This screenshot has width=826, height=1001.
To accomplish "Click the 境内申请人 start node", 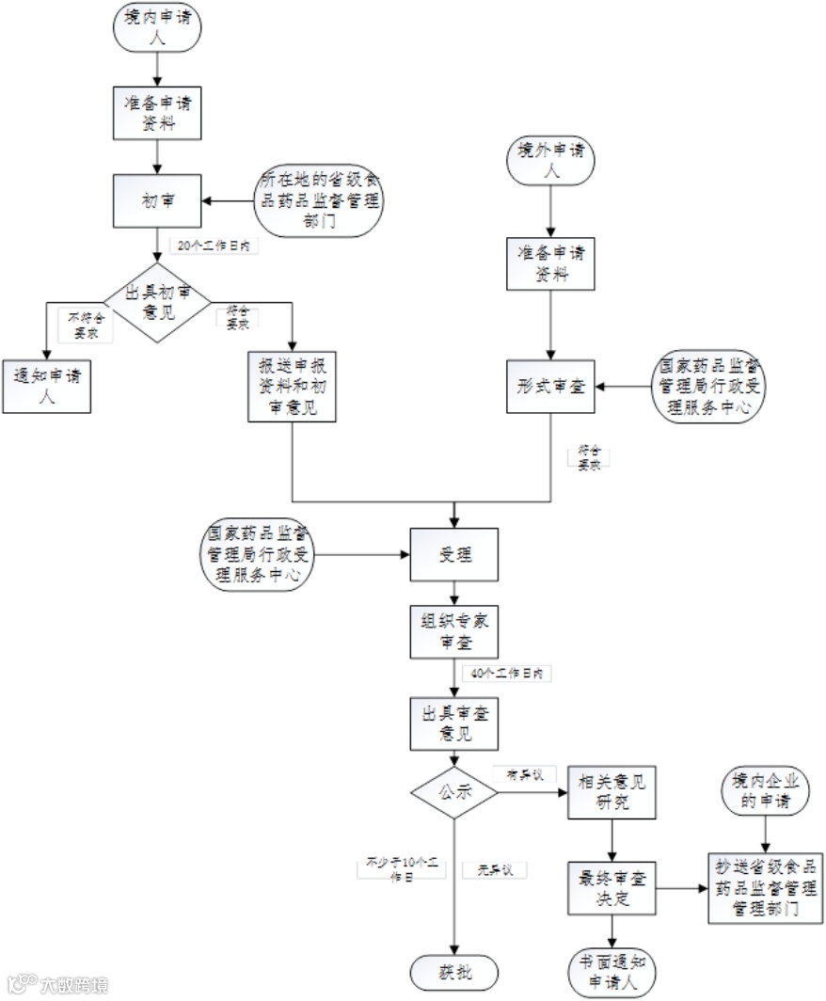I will (x=157, y=27).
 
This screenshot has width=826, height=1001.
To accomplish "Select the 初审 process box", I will (x=157, y=200).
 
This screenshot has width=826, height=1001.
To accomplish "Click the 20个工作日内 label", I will (x=214, y=246).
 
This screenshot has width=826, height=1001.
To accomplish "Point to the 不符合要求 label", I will (x=87, y=325).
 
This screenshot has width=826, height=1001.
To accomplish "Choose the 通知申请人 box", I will (x=46, y=386).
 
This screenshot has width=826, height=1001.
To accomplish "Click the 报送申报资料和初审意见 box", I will (x=293, y=386).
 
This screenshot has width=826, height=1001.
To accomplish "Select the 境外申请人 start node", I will (x=551, y=160).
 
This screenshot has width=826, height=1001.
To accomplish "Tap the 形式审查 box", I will (x=551, y=386).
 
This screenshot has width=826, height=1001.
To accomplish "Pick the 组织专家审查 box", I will (x=455, y=631).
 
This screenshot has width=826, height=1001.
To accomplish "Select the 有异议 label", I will (x=526, y=773).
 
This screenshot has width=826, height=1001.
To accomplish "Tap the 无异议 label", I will (x=495, y=870).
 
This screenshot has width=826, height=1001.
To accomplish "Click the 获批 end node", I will (x=454, y=972).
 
